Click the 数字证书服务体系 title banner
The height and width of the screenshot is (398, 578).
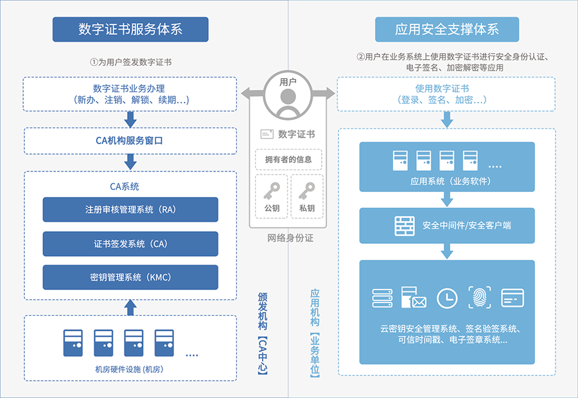(x=130, y=30)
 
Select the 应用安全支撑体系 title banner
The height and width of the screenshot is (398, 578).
(x=447, y=30)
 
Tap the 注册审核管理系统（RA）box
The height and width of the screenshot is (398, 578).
(x=130, y=210)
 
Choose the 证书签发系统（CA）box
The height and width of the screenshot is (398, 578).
(x=130, y=244)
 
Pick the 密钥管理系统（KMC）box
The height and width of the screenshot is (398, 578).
(x=130, y=278)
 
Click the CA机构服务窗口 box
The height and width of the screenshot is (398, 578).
(x=130, y=141)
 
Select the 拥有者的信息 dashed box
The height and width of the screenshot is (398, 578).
(x=288, y=159)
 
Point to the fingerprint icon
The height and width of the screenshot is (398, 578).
(x=479, y=298)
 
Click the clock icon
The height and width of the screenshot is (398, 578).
(x=447, y=298)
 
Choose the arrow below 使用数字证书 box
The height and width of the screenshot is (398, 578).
(x=447, y=119)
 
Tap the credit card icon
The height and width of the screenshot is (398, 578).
(x=512, y=298)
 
